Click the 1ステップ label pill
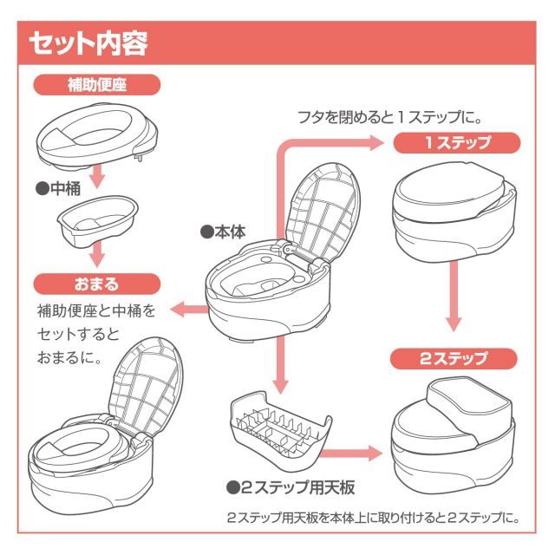pos(458,142)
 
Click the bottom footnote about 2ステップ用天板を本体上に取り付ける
pos(373,518)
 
